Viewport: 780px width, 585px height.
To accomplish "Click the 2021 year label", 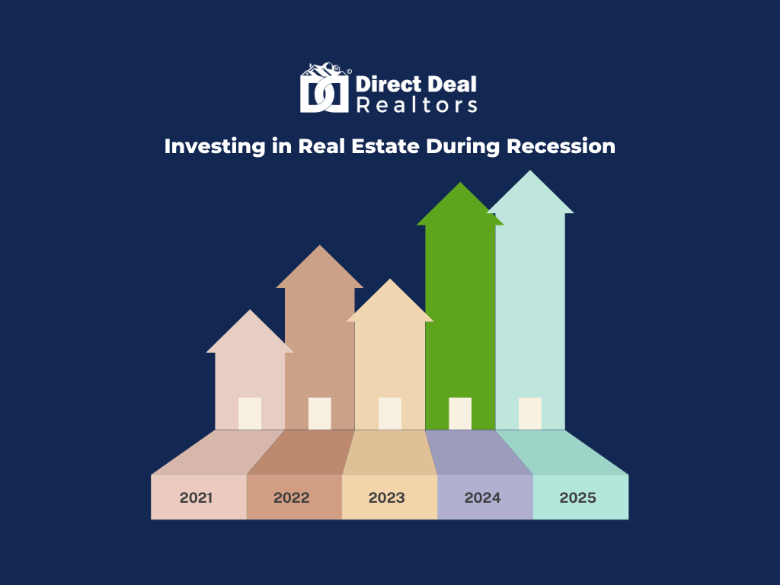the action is click(196, 497).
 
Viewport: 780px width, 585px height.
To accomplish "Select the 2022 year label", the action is click(292, 497).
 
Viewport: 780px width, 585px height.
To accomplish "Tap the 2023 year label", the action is click(386, 497).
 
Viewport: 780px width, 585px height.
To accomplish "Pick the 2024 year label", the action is click(482, 497).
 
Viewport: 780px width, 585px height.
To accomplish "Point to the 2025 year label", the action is click(577, 497).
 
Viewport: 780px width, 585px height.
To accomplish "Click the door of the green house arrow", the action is click(460, 414).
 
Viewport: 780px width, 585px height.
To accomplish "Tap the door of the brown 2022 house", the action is click(320, 414).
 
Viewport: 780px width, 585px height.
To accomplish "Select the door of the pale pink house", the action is click(250, 414).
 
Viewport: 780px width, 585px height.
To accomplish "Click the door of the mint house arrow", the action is click(530, 414).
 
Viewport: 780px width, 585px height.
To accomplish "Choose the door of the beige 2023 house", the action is click(390, 414).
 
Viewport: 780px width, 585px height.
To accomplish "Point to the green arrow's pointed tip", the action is click(460, 183).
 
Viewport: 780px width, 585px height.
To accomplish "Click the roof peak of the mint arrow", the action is click(530, 171).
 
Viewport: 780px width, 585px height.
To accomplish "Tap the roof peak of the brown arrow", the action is click(320, 245).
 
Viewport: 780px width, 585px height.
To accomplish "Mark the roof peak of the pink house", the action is click(250, 310).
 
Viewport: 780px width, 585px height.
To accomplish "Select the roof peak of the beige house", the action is click(390, 279).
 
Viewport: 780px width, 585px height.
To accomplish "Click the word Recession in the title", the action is click(561, 146).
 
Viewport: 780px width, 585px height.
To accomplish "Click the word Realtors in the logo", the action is click(417, 105).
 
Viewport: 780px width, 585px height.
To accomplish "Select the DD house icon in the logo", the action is click(324, 88).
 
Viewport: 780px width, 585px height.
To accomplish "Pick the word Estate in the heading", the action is click(385, 146).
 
